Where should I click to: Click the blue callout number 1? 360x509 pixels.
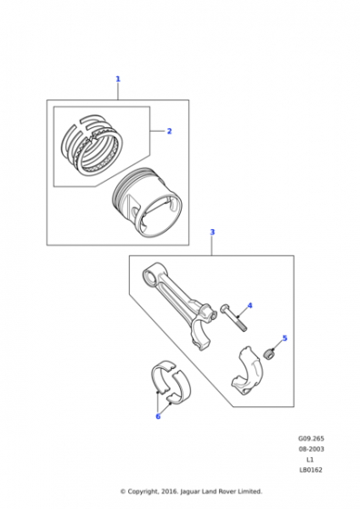tap(118, 79)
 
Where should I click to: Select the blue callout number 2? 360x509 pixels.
tap(169, 131)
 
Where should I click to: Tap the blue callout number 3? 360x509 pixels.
tap(213, 232)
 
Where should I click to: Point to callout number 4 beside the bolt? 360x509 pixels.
tap(250, 305)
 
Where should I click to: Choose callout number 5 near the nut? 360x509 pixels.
tap(285, 338)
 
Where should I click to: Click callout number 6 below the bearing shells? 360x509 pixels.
tap(158, 416)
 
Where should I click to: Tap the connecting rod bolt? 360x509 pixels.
tap(234, 317)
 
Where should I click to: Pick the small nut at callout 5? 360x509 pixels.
tap(268, 354)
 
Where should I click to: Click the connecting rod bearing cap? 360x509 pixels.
tap(247, 371)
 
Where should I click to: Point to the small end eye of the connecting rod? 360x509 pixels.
tap(152, 275)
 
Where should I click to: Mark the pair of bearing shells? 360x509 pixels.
tap(171, 382)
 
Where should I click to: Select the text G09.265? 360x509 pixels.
tap(311, 438)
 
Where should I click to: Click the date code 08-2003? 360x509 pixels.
tap(311, 449)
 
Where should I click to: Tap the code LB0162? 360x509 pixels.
tap(311, 470)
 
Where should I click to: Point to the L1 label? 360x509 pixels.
tap(310, 459)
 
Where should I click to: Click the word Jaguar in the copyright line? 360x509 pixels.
tap(190, 492)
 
